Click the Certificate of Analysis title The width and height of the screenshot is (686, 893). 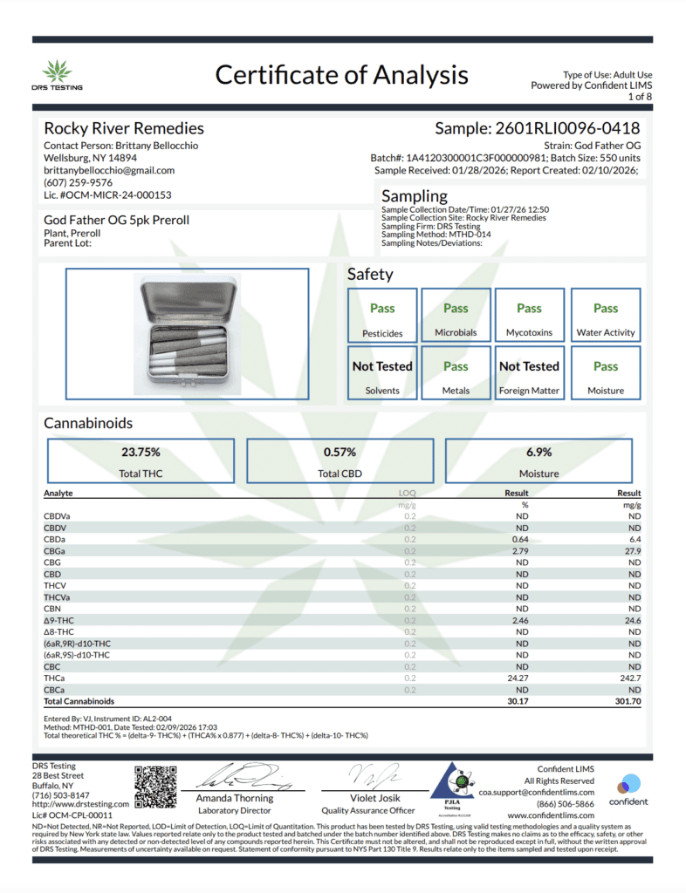341,75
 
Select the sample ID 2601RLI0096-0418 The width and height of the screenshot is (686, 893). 537,128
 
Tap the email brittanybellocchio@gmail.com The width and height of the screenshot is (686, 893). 109,170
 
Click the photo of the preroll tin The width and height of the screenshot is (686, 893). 187,332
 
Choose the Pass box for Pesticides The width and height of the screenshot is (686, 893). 382,315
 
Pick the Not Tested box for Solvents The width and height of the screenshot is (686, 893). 382,374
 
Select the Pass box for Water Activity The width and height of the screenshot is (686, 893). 606,315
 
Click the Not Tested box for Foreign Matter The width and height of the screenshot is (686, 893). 529,374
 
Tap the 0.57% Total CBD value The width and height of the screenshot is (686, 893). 340,453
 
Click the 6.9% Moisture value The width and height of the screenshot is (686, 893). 539,453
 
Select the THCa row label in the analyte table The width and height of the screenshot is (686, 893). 53,678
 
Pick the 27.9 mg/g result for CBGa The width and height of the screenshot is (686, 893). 633,551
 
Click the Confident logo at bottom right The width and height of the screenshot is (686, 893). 628,787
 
